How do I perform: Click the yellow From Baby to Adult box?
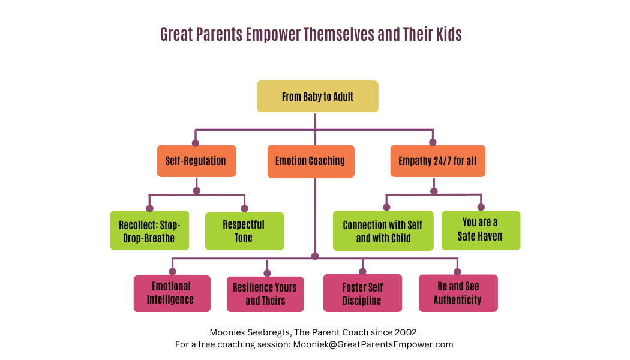pyautogui.click(x=317, y=97)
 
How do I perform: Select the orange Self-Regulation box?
pyautogui.click(x=196, y=161)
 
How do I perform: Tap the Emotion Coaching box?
pyautogui.click(x=311, y=161)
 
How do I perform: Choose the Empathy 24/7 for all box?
pyautogui.click(x=438, y=161)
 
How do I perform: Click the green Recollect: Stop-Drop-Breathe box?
pyautogui.click(x=149, y=230)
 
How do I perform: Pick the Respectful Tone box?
pyautogui.click(x=245, y=232)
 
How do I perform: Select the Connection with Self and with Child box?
pyautogui.click(x=383, y=231)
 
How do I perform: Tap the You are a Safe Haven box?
pyautogui.click(x=481, y=230)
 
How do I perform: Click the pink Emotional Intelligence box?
pyautogui.click(x=172, y=294)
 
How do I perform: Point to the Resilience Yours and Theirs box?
pyautogui.click(x=265, y=294)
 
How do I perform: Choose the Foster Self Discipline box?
pyautogui.click(x=362, y=293)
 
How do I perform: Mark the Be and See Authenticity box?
pyautogui.click(x=458, y=293)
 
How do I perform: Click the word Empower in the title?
pyautogui.click(x=273, y=35)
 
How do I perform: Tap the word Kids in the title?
pyautogui.click(x=449, y=34)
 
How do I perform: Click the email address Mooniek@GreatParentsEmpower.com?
pyautogui.click(x=373, y=344)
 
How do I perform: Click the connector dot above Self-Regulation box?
pyautogui.click(x=196, y=143)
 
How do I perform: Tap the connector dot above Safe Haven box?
pyautogui.click(x=481, y=208)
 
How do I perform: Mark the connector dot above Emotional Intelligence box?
pyautogui.click(x=172, y=272)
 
